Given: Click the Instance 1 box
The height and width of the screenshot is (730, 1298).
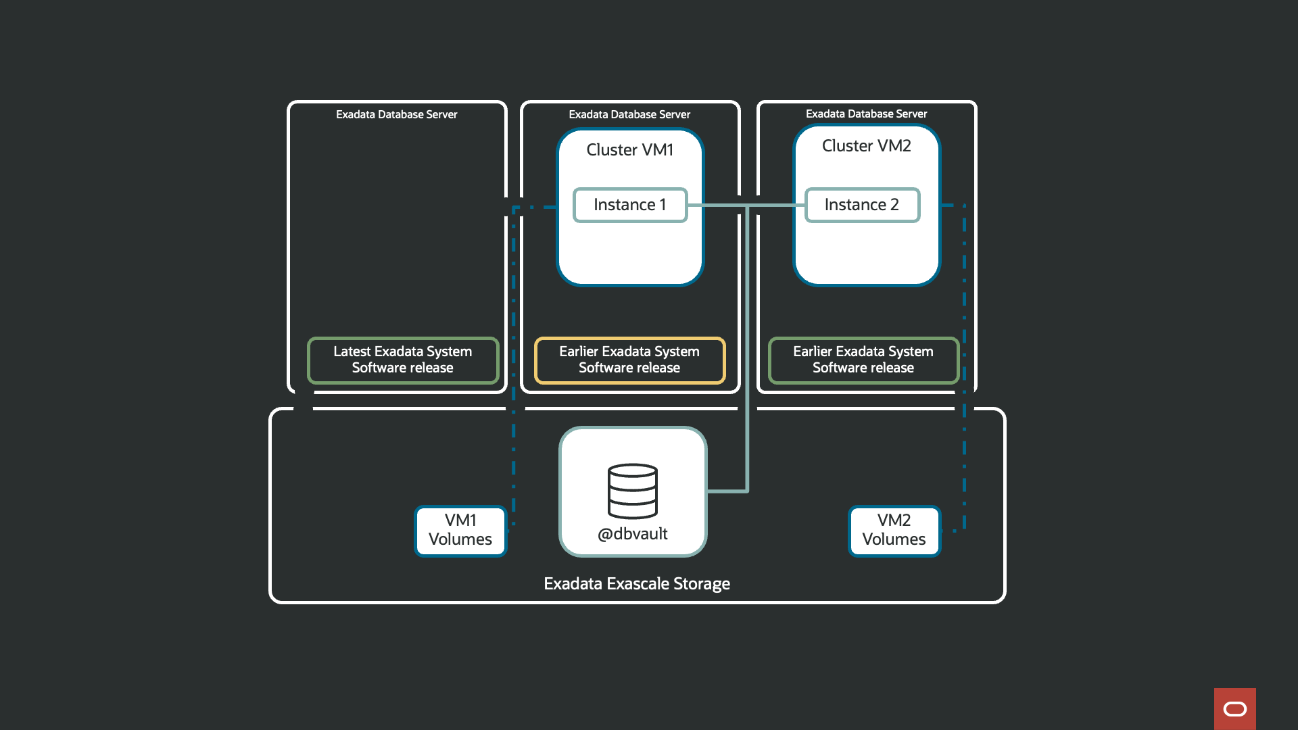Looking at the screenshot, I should click(x=630, y=205).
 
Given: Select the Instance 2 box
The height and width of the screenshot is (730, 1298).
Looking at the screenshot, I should click(x=862, y=205).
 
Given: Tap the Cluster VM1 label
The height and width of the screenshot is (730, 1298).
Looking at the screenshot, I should click(x=630, y=150).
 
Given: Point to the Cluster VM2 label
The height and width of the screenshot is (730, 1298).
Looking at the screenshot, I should click(x=866, y=146).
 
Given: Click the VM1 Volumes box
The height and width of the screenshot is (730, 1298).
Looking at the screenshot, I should click(x=460, y=531).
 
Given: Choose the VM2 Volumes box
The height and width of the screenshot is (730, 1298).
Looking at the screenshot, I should click(x=894, y=531).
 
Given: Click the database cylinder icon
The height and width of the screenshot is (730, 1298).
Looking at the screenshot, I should click(x=633, y=491).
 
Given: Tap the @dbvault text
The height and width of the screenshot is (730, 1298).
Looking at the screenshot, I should click(x=633, y=534).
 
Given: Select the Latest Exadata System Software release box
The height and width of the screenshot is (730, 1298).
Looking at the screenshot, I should click(x=403, y=360).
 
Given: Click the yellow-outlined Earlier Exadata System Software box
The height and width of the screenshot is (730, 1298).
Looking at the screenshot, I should click(x=629, y=360).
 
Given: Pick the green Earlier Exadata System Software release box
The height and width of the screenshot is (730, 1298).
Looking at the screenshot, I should click(x=863, y=360).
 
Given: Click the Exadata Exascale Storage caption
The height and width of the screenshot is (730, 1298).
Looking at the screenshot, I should click(x=637, y=583).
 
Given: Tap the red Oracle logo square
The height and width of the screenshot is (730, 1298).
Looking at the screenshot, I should click(x=1234, y=708).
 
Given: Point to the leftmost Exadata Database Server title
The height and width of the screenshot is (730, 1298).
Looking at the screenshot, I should click(x=397, y=115).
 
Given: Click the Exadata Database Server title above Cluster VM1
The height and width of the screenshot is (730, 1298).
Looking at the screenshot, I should click(x=629, y=115).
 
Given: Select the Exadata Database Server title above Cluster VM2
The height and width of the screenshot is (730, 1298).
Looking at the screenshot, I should click(x=866, y=114).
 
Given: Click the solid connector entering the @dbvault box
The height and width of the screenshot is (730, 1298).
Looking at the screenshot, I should click(x=727, y=491).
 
